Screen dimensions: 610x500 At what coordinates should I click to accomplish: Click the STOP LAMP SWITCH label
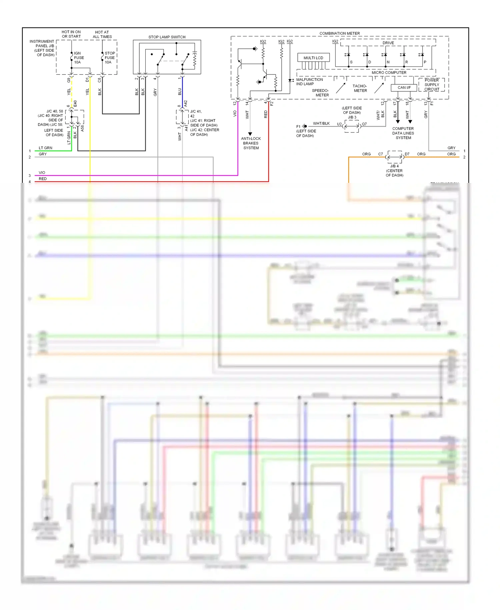click(x=167, y=37)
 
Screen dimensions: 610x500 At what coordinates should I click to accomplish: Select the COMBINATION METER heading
click(x=339, y=33)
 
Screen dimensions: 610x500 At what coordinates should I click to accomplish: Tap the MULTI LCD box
click(x=313, y=58)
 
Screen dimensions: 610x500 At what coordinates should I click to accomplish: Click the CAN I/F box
click(x=404, y=88)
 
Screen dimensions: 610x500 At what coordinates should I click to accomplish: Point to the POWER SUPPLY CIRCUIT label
click(x=432, y=85)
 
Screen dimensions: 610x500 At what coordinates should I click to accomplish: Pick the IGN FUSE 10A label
click(x=79, y=58)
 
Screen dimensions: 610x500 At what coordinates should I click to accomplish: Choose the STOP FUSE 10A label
click(x=110, y=58)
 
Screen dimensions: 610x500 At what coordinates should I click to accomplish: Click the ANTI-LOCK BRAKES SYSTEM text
click(x=251, y=143)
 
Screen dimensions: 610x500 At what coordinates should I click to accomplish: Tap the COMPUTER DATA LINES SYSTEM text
click(x=403, y=133)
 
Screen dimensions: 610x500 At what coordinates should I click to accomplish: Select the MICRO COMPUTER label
click(x=389, y=72)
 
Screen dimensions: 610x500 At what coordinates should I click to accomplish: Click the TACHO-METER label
click(x=360, y=88)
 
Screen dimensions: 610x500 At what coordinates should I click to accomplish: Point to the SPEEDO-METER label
click(x=320, y=93)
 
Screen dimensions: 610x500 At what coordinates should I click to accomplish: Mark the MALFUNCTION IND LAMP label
click(x=309, y=82)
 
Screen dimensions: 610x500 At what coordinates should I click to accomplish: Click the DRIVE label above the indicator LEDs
click(x=388, y=43)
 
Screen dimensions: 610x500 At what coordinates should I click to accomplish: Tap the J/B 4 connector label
click(x=394, y=166)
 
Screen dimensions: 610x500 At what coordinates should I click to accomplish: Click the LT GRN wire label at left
click(x=45, y=148)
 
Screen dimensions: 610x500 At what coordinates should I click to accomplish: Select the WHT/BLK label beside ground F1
click(x=321, y=123)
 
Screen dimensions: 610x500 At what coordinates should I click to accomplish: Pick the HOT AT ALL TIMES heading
click(x=102, y=35)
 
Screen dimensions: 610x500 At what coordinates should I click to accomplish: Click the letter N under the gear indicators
click(x=388, y=62)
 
